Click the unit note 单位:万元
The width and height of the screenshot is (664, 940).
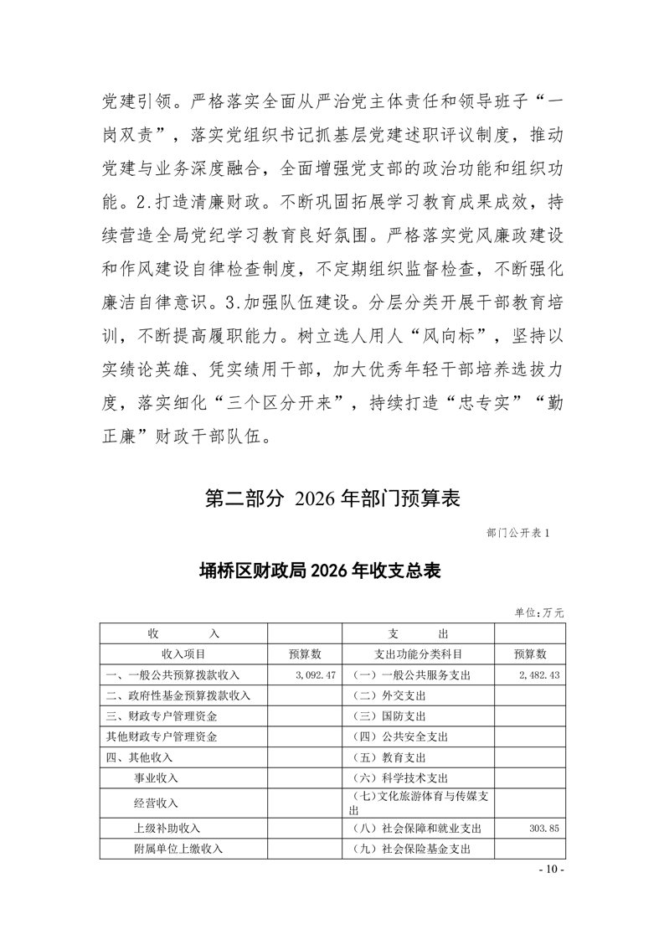point(539,613)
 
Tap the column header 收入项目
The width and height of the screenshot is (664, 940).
point(183,653)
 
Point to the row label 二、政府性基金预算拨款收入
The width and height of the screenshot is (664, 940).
point(178,695)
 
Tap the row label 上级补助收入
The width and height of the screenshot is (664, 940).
point(167,828)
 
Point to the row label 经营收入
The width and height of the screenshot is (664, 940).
point(156,803)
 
